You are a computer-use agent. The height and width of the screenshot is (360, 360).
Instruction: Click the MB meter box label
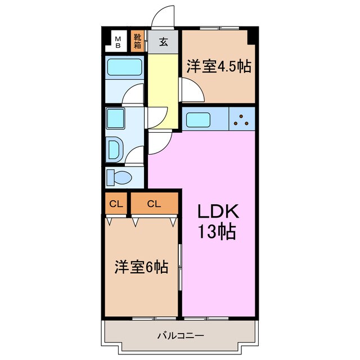pyautogui.click(x=118, y=42)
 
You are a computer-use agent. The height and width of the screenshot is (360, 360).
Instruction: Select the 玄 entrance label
pyautogui.click(x=163, y=42)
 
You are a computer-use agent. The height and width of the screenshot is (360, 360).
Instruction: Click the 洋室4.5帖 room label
pyautogui.click(x=218, y=66)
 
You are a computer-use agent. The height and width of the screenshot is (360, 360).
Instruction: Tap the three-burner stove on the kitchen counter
pyautogui.click(x=242, y=119)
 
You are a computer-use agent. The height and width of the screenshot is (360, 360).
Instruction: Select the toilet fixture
pyautogui.click(x=120, y=178)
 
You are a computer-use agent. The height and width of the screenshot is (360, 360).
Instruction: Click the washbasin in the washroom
pyautogui.click(x=114, y=150)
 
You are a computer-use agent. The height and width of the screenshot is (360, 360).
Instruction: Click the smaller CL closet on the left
pyautogui.click(x=116, y=204)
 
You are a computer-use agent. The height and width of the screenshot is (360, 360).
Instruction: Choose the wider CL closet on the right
pyautogui.click(x=154, y=204)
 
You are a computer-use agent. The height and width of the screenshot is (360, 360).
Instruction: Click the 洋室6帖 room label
pyautogui.click(x=141, y=267)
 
